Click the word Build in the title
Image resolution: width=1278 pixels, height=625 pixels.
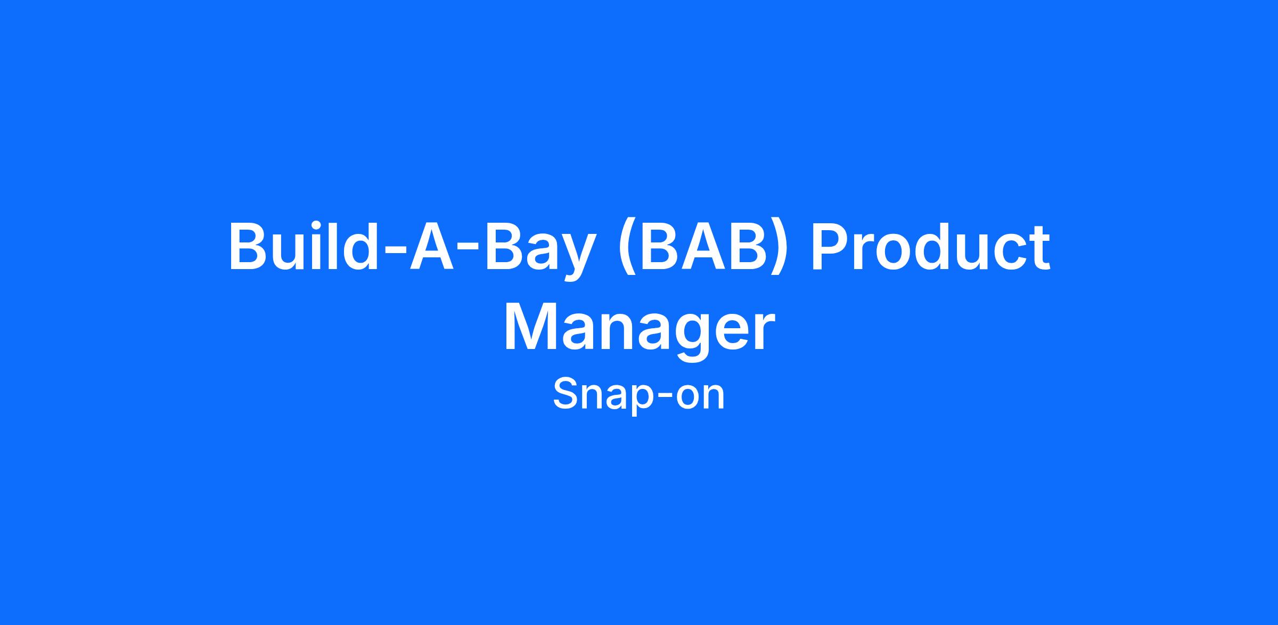300,247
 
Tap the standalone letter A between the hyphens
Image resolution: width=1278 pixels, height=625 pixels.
432,247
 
